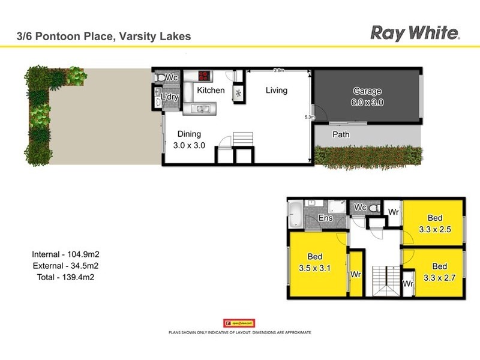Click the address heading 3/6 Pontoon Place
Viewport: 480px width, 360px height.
click(x=103, y=37)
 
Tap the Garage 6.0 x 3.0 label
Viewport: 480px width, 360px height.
click(x=367, y=97)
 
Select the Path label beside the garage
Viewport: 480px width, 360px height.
click(x=341, y=134)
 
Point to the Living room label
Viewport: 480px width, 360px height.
click(x=277, y=91)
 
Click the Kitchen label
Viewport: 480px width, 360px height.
click(x=211, y=91)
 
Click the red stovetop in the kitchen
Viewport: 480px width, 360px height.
click(x=204, y=76)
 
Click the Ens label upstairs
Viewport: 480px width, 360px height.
click(x=326, y=218)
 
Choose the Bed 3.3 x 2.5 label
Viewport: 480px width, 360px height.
click(x=435, y=223)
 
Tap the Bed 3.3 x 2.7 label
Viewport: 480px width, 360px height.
click(x=439, y=271)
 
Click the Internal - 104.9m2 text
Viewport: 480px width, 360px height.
click(x=65, y=254)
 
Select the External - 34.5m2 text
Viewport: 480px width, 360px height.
click(x=65, y=266)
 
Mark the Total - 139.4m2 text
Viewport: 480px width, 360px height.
click(x=65, y=277)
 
